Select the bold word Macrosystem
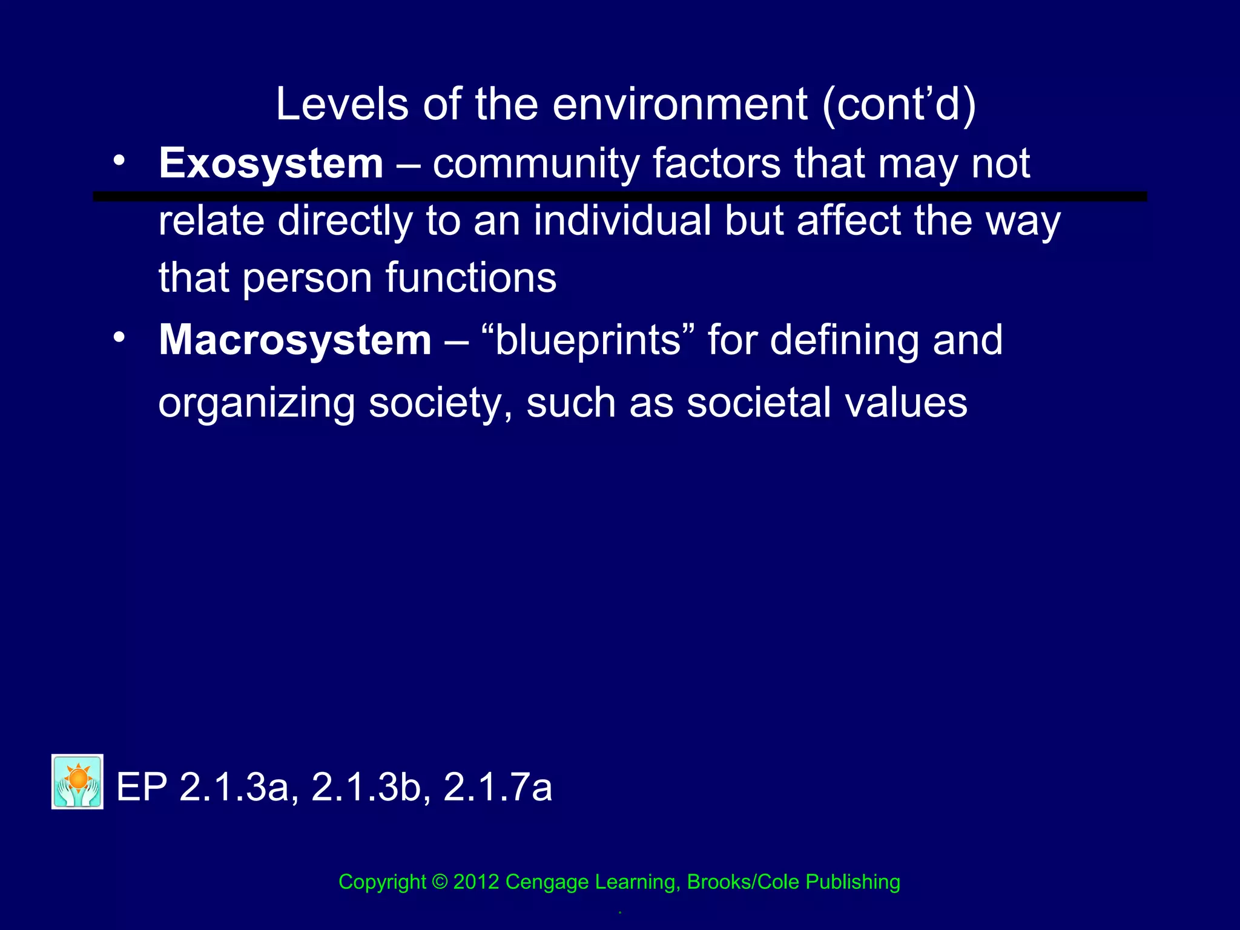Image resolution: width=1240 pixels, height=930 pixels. (295, 340)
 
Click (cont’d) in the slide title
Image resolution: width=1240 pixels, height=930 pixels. (899, 104)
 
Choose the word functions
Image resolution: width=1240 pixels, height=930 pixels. (470, 278)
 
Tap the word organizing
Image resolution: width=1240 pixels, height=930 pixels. (256, 403)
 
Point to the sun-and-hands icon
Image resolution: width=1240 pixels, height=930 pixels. (77, 782)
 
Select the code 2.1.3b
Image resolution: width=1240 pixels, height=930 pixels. (366, 788)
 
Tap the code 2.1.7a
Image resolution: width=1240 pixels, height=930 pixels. (498, 788)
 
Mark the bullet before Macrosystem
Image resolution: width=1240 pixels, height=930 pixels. (119, 337)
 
